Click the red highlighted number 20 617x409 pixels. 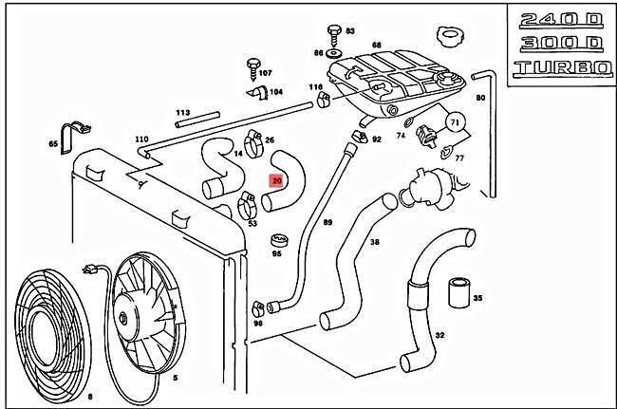pyautogui.click(x=277, y=179)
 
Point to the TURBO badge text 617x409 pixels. pyautogui.click(x=558, y=68)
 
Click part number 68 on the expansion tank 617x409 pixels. pyautogui.click(x=377, y=46)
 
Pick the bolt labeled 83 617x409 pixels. pyautogui.click(x=333, y=30)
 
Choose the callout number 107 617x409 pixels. pyautogui.click(x=265, y=73)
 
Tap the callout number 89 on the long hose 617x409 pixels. pyautogui.click(x=327, y=223)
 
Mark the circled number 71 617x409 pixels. pyautogui.click(x=455, y=122)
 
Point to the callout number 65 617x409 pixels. pyautogui.click(x=53, y=144)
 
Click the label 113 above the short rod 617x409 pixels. pyautogui.click(x=183, y=112)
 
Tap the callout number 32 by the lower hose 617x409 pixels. pyautogui.click(x=439, y=336)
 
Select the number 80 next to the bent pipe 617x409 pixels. pyautogui.click(x=480, y=98)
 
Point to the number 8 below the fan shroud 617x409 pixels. pyautogui.click(x=89, y=395)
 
